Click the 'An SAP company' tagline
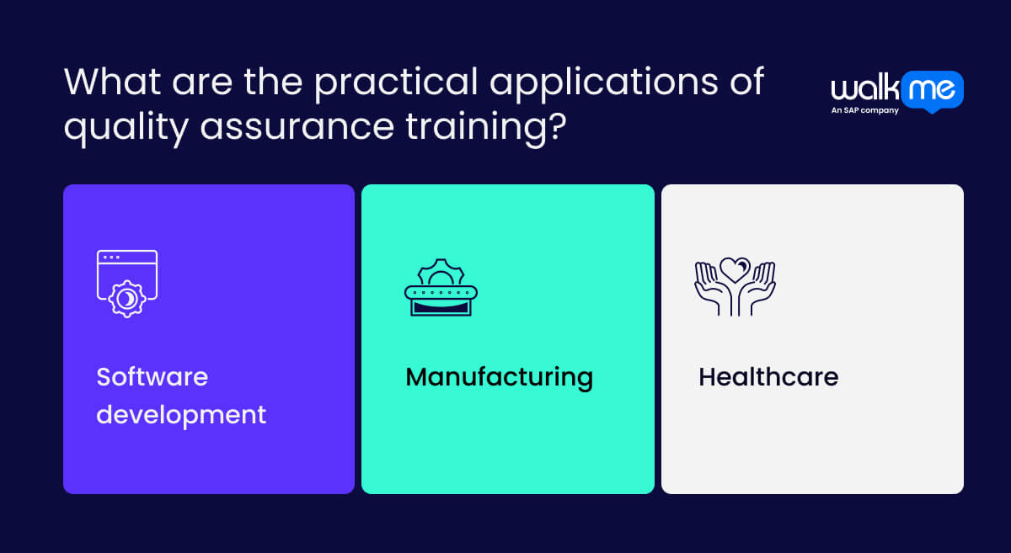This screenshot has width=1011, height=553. click(x=864, y=110)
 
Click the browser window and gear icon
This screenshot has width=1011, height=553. click(x=127, y=283)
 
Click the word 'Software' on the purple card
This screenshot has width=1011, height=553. click(x=152, y=376)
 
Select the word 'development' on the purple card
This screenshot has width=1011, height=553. click(x=181, y=414)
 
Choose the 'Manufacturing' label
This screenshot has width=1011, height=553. click(x=499, y=376)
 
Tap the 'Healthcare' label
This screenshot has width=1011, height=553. click(x=768, y=376)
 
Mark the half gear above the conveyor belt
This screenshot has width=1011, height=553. click(x=441, y=272)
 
